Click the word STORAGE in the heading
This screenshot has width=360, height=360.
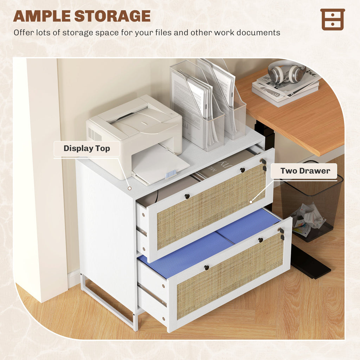(112, 16)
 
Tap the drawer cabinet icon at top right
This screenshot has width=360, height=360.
(333, 20)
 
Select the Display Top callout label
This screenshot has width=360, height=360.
(87, 149)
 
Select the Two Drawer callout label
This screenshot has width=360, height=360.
(305, 171)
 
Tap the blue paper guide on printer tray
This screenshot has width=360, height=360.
(171, 174)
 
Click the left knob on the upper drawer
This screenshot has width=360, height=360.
(187, 196)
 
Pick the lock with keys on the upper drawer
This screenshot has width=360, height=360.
(264, 165)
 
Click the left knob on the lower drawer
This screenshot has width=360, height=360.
(207, 268)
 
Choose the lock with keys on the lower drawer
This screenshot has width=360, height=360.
(282, 233)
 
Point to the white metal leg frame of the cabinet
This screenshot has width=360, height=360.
(108, 301)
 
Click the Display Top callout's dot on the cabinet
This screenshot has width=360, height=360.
(129, 188)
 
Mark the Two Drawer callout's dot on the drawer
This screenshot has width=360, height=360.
(251, 202)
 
